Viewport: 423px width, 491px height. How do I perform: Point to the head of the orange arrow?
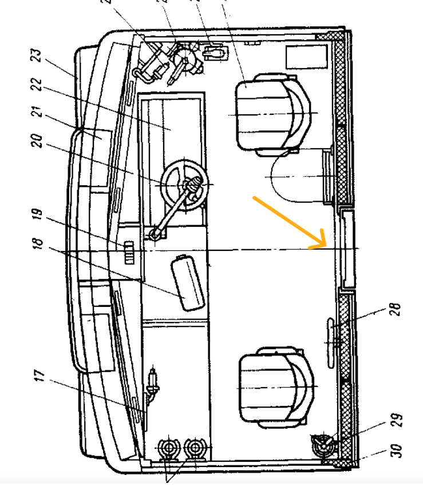[x=324, y=246]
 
